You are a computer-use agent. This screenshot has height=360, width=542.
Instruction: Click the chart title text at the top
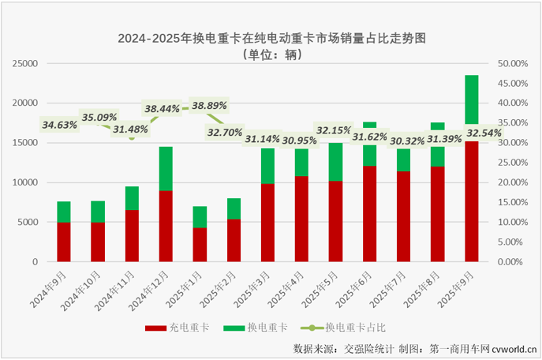coord(271,37)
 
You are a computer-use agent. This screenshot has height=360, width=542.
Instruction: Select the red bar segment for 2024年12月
coord(166,226)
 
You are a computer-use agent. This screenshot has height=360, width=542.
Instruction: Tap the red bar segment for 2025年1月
coord(200,245)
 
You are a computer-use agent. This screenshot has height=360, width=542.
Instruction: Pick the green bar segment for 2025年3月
coord(267,166)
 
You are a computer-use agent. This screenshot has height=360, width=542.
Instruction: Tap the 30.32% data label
coord(404,141)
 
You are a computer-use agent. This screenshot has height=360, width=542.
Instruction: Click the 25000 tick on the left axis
coord(24,63)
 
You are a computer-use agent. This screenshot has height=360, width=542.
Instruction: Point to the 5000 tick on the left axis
coord(28,222)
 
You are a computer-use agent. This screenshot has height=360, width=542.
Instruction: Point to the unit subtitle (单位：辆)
coord(271,55)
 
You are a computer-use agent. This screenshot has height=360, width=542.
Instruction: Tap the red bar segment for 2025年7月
coord(403,216)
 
